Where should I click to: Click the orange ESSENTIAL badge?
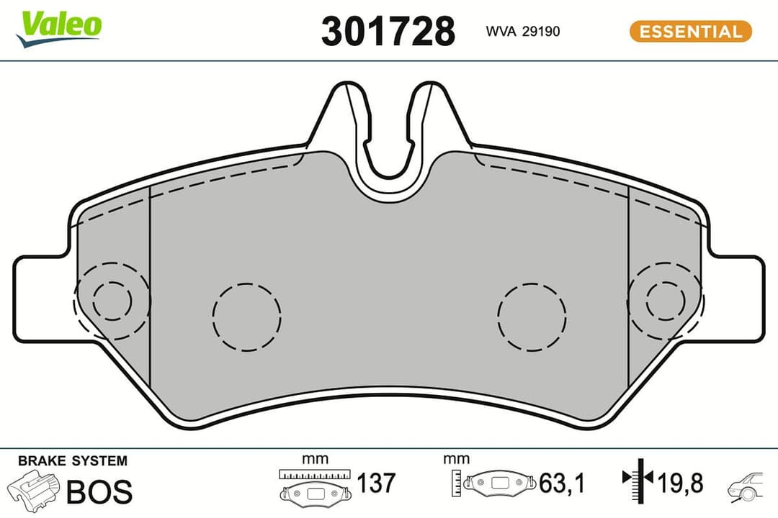click(x=690, y=32)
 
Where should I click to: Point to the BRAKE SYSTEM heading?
click(x=72, y=460)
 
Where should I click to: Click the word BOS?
click(x=99, y=491)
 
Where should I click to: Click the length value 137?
click(x=376, y=482)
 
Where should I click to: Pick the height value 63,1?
click(x=562, y=482)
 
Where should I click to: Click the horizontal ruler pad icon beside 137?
click(x=315, y=486)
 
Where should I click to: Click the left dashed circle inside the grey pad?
click(x=246, y=316)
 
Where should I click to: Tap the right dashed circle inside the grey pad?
click(x=532, y=316)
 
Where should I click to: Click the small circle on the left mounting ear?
click(x=112, y=300)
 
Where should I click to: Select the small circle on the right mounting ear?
click(x=665, y=300)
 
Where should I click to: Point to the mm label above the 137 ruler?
click(x=315, y=459)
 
